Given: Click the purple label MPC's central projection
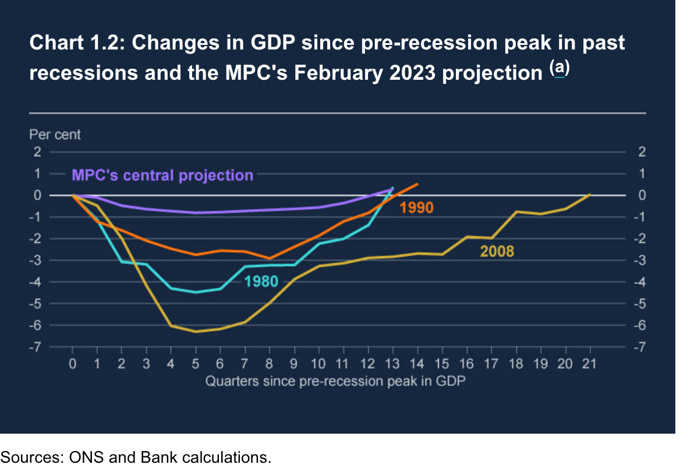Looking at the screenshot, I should click(162, 175).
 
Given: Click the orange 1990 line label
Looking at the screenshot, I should click(416, 207).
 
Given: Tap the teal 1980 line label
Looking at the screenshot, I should click(261, 282).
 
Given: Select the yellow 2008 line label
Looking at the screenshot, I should click(497, 251).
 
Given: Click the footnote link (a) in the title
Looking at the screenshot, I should click(559, 69).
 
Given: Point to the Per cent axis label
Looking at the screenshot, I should click(55, 134).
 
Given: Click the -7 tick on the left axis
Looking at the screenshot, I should click(38, 348).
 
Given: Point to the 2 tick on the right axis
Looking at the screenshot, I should click(642, 152).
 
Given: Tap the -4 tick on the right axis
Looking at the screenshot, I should click(640, 282).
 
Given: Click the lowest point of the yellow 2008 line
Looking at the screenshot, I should click(196, 332).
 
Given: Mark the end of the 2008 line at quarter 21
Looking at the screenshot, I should click(590, 194).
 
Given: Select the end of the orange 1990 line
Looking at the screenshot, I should click(417, 184).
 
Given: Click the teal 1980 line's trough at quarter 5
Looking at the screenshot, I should click(196, 292).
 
